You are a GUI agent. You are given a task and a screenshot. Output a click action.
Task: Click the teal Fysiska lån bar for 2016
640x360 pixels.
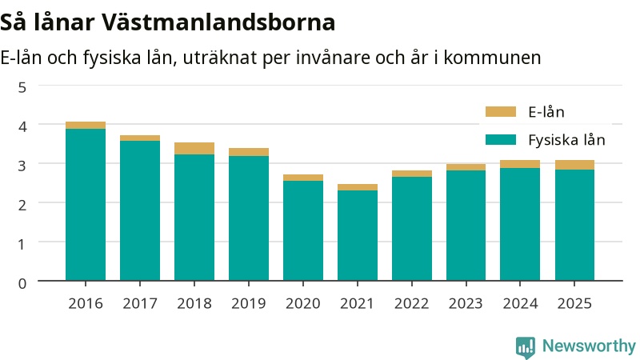click(86, 205)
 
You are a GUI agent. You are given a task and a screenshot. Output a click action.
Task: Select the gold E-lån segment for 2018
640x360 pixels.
click(194, 149)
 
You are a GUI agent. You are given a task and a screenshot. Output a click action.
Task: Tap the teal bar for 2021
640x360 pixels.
click(358, 235)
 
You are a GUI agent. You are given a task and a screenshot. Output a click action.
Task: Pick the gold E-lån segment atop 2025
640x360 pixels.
click(574, 165)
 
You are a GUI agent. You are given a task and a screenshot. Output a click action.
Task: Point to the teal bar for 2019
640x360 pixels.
click(249, 218)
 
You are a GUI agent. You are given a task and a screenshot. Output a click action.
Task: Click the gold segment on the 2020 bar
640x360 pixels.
click(303, 178)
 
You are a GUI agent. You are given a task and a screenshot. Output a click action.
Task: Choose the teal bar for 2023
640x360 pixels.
click(466, 226)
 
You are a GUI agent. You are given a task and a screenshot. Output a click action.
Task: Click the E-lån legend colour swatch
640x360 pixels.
click(501, 112)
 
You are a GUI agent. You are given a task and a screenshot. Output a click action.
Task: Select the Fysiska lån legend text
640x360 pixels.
click(566, 140)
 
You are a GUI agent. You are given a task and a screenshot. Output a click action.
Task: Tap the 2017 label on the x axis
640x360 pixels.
click(140, 304)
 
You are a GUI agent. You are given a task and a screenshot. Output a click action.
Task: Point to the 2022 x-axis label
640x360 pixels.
click(411, 304)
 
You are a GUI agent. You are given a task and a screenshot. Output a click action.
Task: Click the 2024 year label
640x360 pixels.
click(520, 304)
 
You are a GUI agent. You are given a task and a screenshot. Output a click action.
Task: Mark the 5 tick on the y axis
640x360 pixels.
click(22, 87)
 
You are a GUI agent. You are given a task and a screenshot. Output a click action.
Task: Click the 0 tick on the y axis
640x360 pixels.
click(22, 283)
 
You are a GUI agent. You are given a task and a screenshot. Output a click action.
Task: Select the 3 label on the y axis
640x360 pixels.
click(22, 166)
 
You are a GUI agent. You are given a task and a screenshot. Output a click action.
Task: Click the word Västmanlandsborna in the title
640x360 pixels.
click(218, 22)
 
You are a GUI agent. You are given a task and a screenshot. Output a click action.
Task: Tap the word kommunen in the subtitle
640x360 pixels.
click(492, 58)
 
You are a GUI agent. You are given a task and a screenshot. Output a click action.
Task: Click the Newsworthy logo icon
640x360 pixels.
click(526, 347)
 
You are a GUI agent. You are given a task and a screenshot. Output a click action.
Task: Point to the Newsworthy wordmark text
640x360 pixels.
click(589, 346)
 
